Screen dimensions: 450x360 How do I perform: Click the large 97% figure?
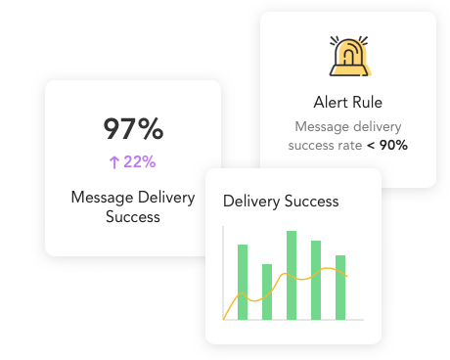[133, 129]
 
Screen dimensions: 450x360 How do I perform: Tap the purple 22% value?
[139, 161]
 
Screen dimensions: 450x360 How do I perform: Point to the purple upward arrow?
[114, 161]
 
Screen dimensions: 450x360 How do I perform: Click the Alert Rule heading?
[347, 103]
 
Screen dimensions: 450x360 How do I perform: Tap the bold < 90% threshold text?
[386, 146]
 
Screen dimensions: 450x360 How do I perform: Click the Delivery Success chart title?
[281, 202]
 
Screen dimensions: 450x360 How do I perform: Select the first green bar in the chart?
[243, 282]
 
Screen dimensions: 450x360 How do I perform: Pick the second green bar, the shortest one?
[267, 292]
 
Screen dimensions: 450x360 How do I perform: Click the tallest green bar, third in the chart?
[292, 275]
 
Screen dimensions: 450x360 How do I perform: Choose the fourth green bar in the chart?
[316, 280]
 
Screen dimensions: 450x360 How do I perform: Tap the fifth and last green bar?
[340, 287]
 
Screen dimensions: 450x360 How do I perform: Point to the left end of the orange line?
[225, 317]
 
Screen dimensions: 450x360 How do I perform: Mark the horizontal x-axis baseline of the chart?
[293, 320]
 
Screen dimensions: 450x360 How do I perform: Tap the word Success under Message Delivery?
[133, 217]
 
